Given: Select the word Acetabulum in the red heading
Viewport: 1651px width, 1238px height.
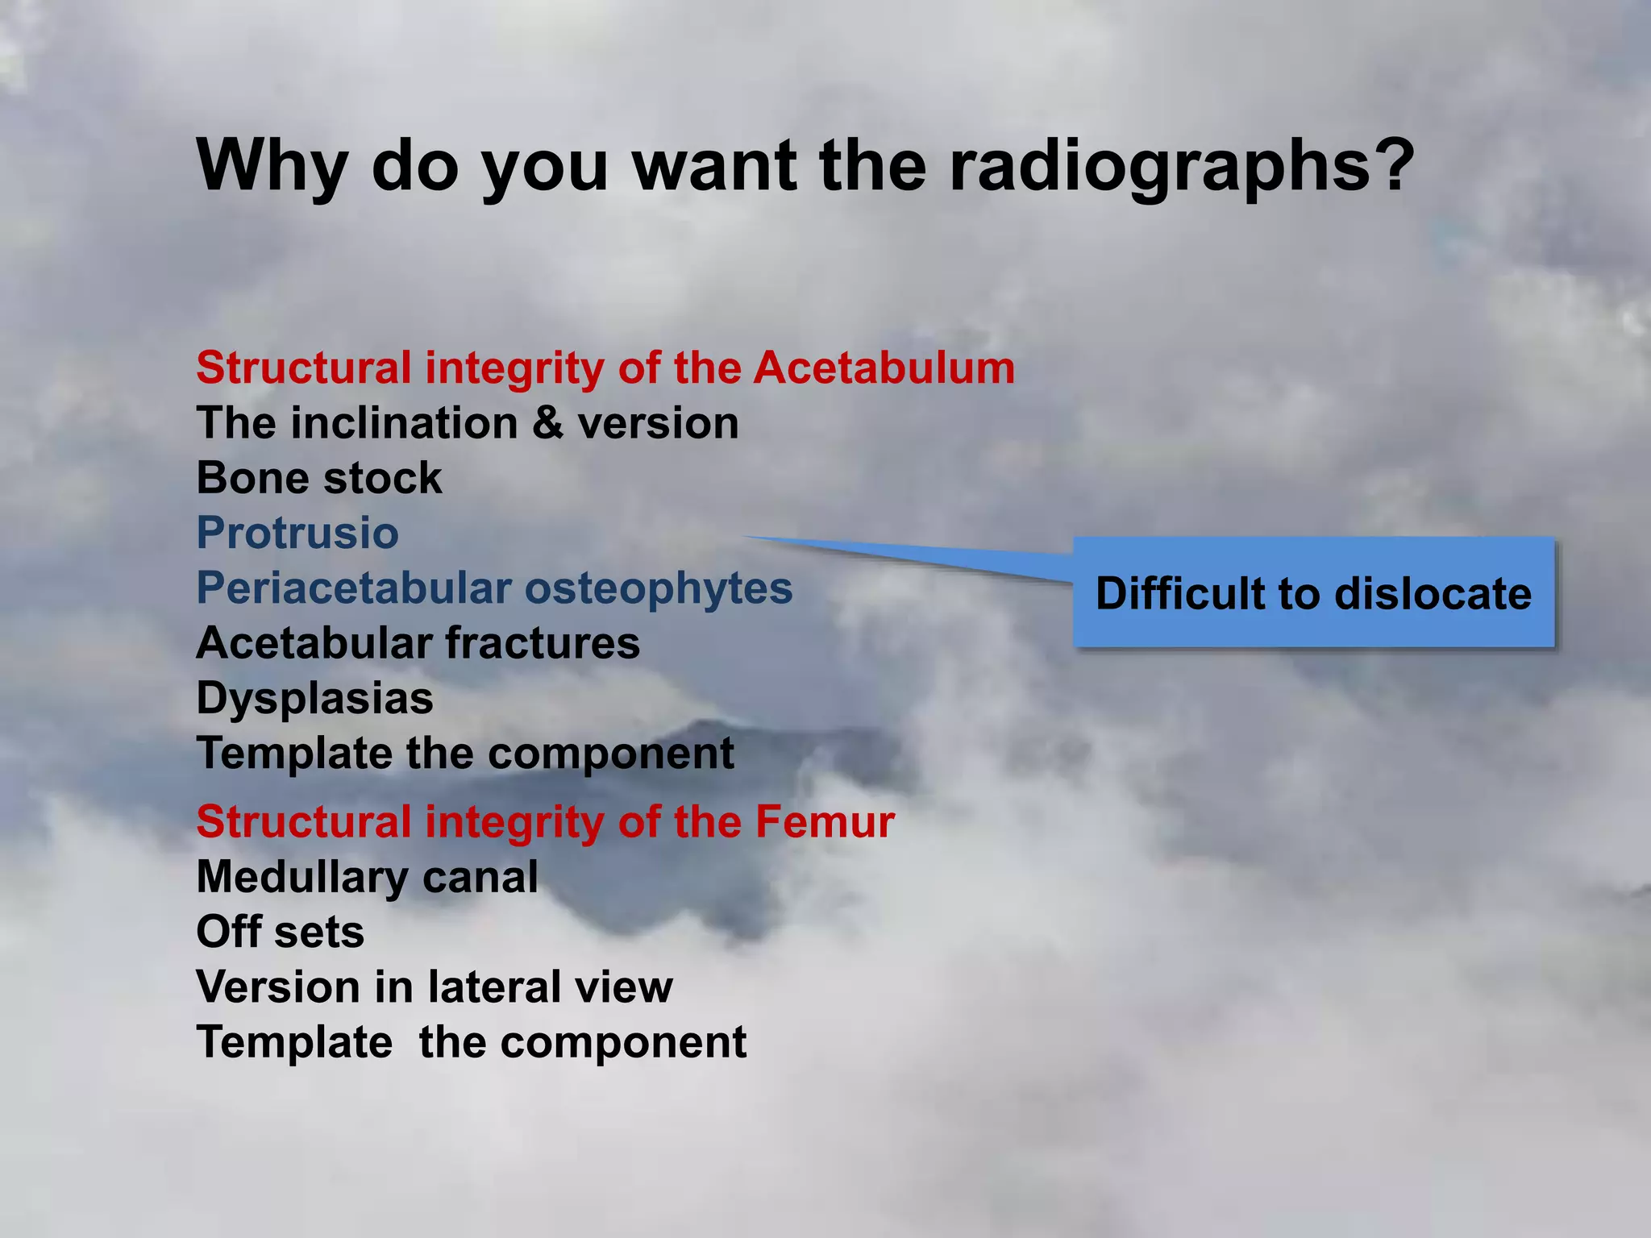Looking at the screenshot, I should click(884, 368).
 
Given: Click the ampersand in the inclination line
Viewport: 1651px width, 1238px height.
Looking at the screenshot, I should click(548, 423).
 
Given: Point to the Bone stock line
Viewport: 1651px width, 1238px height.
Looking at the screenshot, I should click(319, 478).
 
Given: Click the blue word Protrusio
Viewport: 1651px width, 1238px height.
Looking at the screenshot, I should click(297, 533).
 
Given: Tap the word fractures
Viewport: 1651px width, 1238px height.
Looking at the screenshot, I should click(543, 643).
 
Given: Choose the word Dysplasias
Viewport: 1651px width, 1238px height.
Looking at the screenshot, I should click(314, 698).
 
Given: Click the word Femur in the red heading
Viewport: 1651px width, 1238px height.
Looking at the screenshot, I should click(825, 822).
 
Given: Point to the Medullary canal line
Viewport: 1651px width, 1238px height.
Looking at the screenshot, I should click(367, 877).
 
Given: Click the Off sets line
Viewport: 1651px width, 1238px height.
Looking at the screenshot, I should click(280, 932).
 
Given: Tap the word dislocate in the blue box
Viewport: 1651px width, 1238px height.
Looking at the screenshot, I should click(1433, 594).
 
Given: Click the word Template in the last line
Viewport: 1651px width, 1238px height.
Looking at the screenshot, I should click(294, 1042).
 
